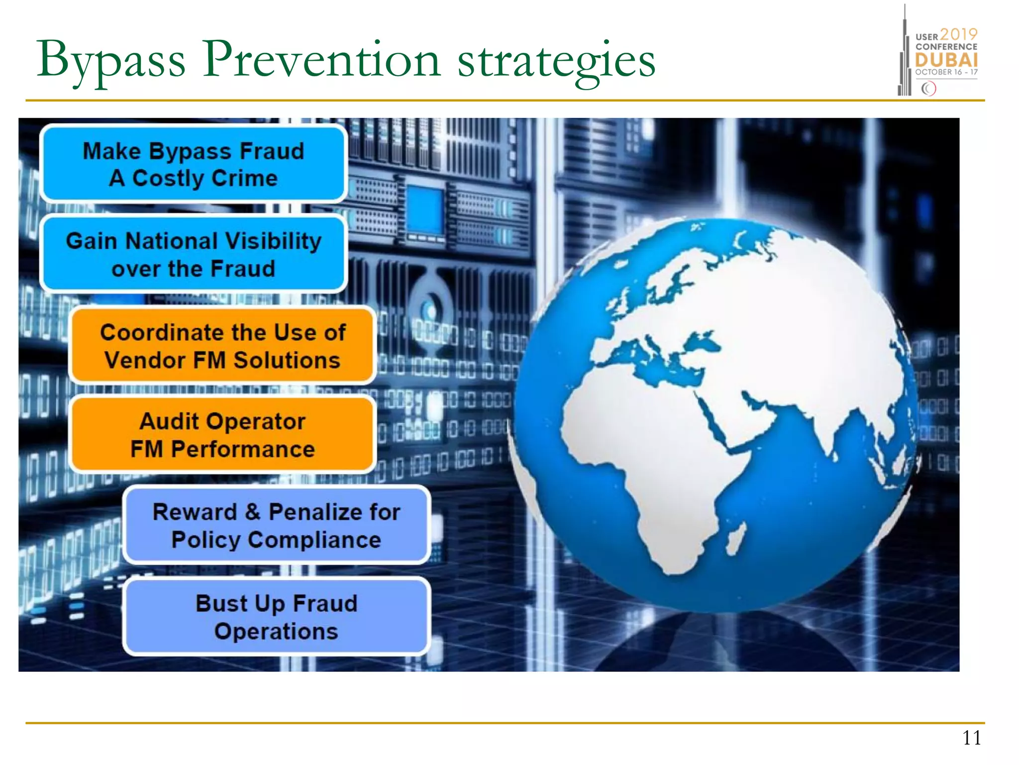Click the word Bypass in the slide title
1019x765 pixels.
click(x=110, y=61)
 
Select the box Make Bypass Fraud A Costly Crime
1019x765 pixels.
click(x=193, y=164)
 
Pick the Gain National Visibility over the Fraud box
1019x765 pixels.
click(x=193, y=255)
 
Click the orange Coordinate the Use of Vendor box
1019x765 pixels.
click(x=222, y=346)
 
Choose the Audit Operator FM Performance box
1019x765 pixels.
click(x=222, y=435)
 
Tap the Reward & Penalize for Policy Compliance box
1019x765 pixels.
click(x=276, y=525)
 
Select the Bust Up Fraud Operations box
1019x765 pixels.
click(x=276, y=617)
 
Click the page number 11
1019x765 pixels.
click(x=971, y=738)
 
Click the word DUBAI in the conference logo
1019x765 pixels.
click(x=946, y=60)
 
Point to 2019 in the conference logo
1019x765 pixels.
click(x=959, y=34)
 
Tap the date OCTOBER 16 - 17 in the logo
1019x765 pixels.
click(x=946, y=72)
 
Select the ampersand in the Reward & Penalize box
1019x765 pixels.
click(x=253, y=511)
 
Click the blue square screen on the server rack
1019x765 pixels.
click(x=425, y=210)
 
